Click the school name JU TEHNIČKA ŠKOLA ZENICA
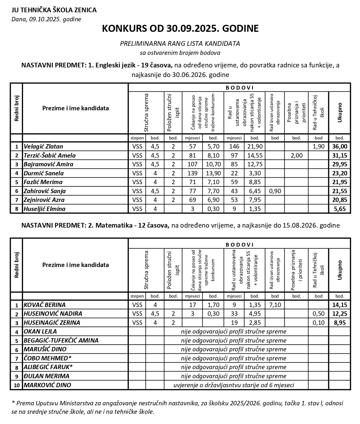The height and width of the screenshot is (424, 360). point(54,10)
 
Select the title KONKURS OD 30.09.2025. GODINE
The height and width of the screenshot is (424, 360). point(180,29)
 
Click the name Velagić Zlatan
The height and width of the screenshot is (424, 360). point(44,146)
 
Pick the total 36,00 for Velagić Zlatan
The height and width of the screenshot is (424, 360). point(340,146)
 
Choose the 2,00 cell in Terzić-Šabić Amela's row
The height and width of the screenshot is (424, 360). point(296,156)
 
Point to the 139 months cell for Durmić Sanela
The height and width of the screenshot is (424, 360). point(192,173)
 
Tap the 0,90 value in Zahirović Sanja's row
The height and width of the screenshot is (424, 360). point(274,191)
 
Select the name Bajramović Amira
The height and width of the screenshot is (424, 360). point(48,164)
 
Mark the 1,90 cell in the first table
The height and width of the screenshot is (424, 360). point(318,146)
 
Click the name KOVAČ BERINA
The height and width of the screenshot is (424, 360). point(45,305)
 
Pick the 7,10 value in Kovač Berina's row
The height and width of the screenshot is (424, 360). point(274,305)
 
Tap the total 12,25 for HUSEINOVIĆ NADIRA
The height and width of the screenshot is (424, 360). point(340,314)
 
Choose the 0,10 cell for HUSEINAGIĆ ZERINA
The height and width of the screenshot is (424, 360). point(318,323)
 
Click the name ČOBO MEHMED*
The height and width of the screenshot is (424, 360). point(48,358)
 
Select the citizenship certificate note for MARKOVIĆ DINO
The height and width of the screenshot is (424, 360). point(234,385)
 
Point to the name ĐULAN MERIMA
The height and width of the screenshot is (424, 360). point(46,376)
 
